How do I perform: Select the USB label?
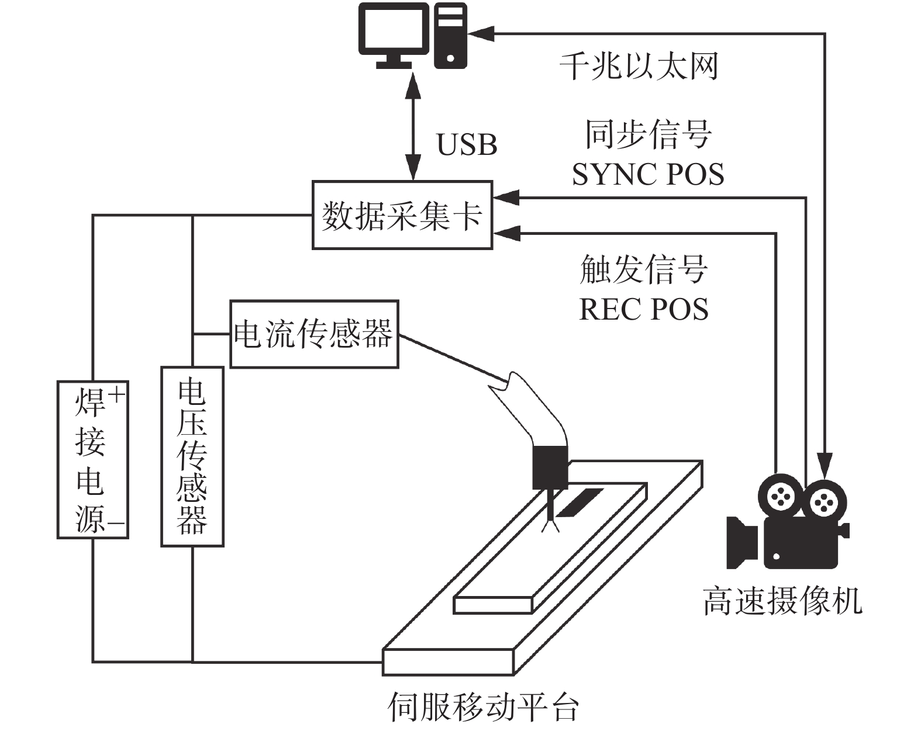pos(467,144)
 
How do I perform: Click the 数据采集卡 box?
pos(402,216)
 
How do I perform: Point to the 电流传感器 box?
pos(314,334)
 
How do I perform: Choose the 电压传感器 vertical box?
pos(192,456)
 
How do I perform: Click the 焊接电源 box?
pos(92,459)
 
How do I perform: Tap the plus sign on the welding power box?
pos(117,395)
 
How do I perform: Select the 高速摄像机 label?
pos(782,601)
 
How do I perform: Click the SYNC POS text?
pos(647,174)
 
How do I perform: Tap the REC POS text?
pos(643,309)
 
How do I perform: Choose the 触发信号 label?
pos(644,269)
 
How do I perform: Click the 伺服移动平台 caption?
pos(483,707)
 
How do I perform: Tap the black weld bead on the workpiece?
pos(579,503)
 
